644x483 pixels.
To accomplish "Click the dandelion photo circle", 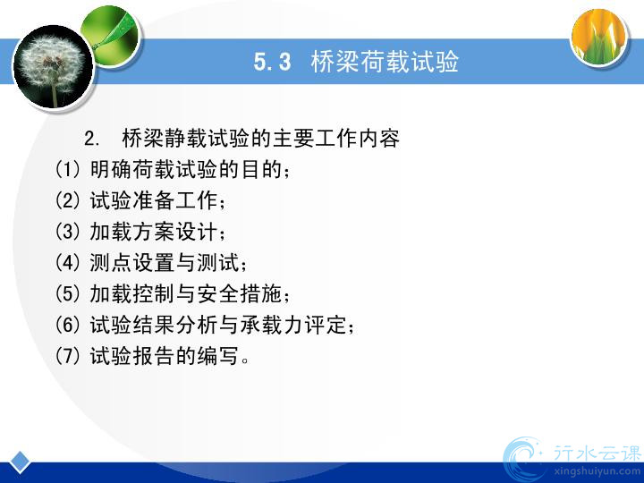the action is click(54, 67).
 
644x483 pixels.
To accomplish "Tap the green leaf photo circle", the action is click(111, 35).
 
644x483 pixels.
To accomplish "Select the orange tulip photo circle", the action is click(599, 37).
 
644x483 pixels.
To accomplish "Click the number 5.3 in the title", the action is click(272, 62).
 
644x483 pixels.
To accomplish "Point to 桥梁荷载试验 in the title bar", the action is click(385, 62).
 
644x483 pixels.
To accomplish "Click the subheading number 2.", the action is click(91, 139).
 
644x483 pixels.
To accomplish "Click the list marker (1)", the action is click(67, 169).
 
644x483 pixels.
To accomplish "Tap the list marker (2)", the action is click(67, 200).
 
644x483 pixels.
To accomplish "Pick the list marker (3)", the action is click(67, 232).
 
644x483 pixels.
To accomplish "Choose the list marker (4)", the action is click(67, 262).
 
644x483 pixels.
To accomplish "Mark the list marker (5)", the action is click(67, 293).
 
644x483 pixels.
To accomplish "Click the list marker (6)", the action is click(67, 325).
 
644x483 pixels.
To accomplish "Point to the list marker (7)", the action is click(67, 356).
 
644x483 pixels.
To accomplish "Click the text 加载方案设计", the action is click(154, 232).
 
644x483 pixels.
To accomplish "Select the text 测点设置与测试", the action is click(165, 262).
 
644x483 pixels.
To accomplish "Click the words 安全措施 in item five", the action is click(239, 293).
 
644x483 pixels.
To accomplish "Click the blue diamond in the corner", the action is click(20, 462).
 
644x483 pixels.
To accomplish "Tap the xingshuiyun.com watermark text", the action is click(597, 471).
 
